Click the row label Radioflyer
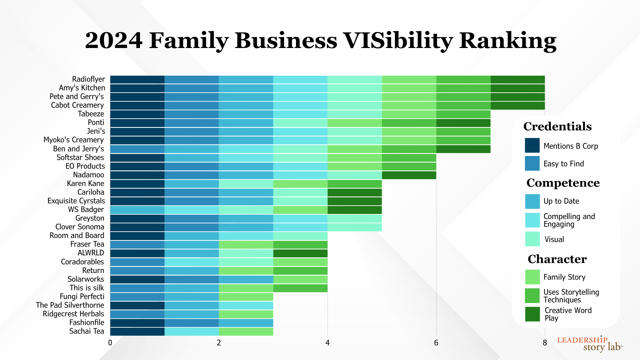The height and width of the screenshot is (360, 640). (88, 79)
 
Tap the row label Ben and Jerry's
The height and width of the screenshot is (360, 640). (78, 149)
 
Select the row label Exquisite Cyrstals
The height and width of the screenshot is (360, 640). (76, 201)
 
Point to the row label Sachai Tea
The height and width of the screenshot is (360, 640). (87, 331)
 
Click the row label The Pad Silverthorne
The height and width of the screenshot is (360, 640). (70, 305)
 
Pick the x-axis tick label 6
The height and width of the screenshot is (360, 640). (436, 343)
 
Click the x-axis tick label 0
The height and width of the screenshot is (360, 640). (110, 343)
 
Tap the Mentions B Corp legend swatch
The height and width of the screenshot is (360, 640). (532, 146)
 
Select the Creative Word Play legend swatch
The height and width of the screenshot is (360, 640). (532, 314)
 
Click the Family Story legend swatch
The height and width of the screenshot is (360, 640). (532, 277)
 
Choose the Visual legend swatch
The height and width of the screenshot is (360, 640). (532, 239)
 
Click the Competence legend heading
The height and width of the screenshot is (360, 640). (563, 183)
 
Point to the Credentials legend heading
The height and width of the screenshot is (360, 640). (557, 126)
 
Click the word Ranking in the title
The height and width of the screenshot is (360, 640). (508, 41)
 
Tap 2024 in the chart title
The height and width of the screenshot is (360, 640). (114, 41)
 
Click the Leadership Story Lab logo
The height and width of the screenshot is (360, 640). (589, 344)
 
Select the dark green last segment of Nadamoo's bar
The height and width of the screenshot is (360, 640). (409, 175)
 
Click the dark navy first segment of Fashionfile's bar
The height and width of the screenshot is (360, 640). (137, 323)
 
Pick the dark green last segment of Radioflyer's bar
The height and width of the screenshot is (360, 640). (517, 80)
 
